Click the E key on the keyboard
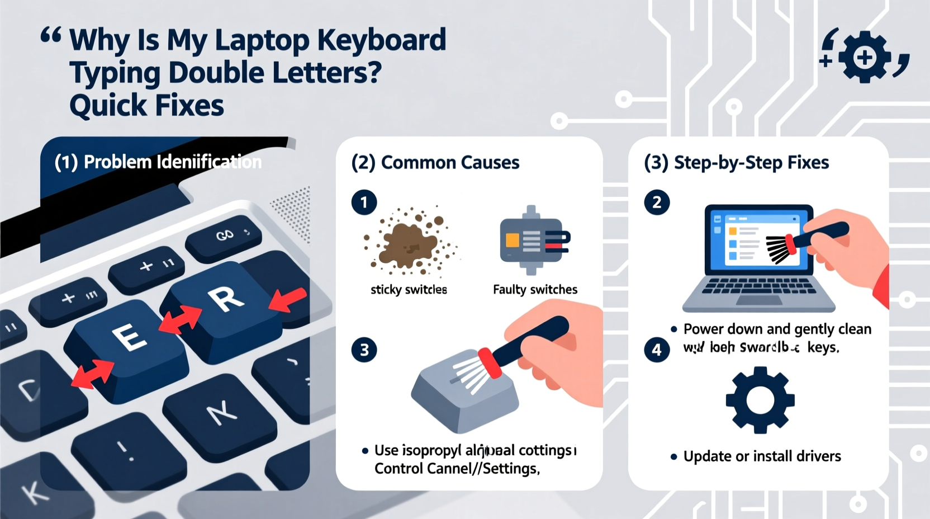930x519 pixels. (130, 338)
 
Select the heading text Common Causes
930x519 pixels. (450, 163)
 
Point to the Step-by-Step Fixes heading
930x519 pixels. (751, 163)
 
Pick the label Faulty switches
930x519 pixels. (535, 290)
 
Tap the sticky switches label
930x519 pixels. (409, 290)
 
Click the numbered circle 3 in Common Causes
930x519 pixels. (364, 350)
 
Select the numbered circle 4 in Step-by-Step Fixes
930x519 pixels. (657, 350)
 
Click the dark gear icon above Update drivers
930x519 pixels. (760, 400)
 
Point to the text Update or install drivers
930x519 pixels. (762, 456)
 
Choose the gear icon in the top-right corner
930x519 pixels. (864, 57)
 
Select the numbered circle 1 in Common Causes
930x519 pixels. (364, 202)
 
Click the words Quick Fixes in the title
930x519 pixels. (146, 106)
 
